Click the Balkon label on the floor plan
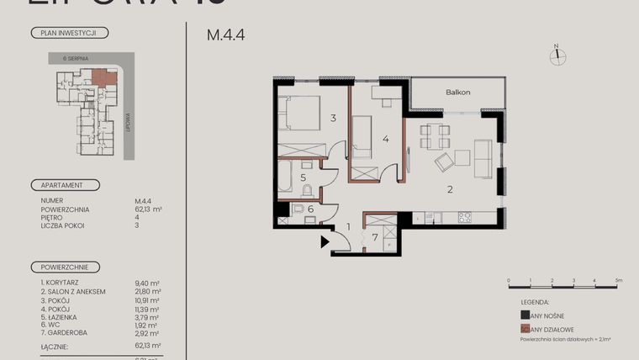[x=457, y=93]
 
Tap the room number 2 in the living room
[x=450, y=189]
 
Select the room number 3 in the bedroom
[x=333, y=119]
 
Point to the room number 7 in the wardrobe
[x=376, y=238]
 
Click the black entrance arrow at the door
[x=325, y=243]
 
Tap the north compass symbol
[x=557, y=56]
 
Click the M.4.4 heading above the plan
[x=225, y=36]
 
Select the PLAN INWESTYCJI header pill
[x=69, y=34]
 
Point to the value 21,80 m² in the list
[x=147, y=291]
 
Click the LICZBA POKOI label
[x=61, y=225]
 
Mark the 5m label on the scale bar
[x=618, y=279]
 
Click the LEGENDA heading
[x=535, y=300]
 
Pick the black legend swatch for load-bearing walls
[x=525, y=315]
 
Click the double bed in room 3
[x=298, y=114]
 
